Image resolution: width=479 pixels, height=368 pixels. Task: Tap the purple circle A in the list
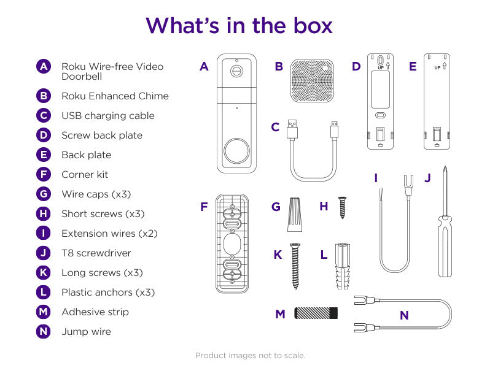pyautogui.click(x=43, y=66)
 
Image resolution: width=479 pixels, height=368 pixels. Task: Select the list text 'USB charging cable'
pyautogui.click(x=107, y=115)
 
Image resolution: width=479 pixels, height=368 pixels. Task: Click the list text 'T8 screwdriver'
pyautogui.click(x=96, y=253)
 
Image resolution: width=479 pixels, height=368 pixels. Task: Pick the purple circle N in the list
pyautogui.click(x=43, y=331)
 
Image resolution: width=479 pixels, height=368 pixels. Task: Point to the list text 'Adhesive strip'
pyautogui.click(x=95, y=312)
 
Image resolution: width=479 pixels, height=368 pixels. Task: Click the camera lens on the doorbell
pyautogui.click(x=236, y=70)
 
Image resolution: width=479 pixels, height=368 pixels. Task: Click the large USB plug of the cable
pyautogui.click(x=292, y=129)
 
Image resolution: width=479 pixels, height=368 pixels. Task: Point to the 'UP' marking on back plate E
pyautogui.click(x=437, y=67)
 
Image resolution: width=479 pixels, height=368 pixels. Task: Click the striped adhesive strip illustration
pyautogui.click(x=316, y=313)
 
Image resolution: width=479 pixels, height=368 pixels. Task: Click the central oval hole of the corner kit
pyautogui.click(x=232, y=244)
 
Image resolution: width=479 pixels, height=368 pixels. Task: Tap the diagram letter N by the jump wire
pyautogui.click(x=403, y=315)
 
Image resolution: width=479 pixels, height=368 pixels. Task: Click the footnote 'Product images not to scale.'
pyautogui.click(x=250, y=355)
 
